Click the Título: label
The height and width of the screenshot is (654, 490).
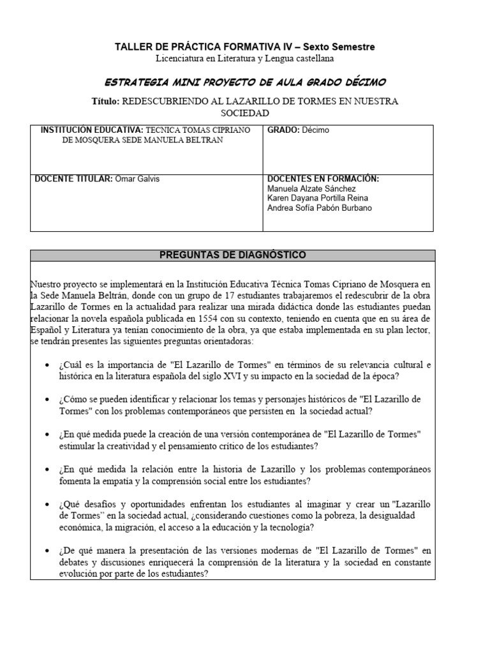pyautogui.click(x=106, y=102)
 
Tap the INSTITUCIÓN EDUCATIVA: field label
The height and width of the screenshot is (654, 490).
pyautogui.click(x=93, y=130)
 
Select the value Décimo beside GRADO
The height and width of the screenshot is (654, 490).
pyautogui.click(x=316, y=130)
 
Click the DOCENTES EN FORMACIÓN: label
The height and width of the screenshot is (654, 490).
pyautogui.click(x=323, y=179)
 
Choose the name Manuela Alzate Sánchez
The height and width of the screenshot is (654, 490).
pyautogui.click(x=312, y=188)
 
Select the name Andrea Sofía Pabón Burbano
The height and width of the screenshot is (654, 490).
pyautogui.click(x=320, y=208)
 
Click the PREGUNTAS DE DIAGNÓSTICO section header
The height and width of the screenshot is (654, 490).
pyautogui.click(x=232, y=255)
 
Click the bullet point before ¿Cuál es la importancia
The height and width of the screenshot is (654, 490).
pyautogui.click(x=50, y=365)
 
